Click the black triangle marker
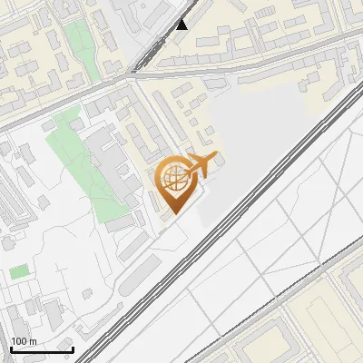(x=182, y=24)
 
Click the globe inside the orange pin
(x=172, y=179)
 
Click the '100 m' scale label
(x=24, y=341)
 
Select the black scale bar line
(x=42, y=349)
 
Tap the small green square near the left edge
(x=19, y=271)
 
